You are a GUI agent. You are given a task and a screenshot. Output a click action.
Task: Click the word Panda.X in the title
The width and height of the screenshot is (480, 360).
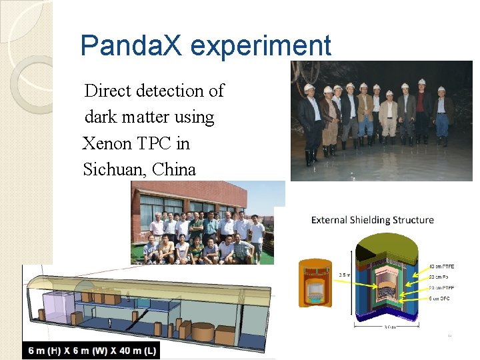131,46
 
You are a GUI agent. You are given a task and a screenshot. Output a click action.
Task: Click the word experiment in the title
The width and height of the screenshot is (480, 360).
261,46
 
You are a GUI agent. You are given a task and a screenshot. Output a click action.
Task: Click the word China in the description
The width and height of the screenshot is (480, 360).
174,169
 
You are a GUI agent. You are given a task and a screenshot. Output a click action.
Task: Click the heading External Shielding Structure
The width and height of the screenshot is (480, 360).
372,220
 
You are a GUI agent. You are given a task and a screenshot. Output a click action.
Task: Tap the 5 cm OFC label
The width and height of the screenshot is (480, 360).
435,298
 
